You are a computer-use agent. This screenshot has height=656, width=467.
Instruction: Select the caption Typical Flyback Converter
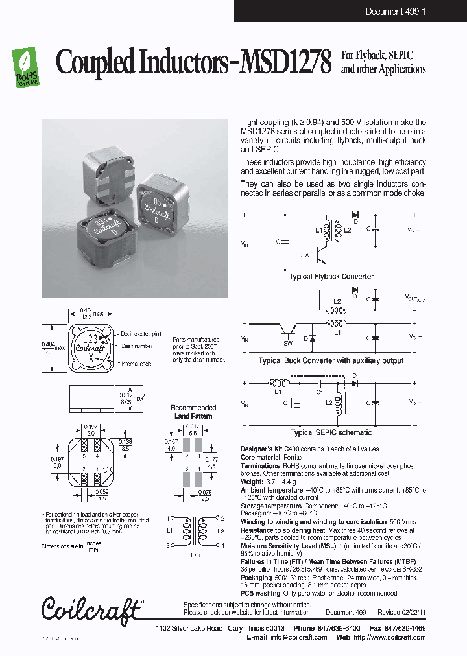[x=331, y=277]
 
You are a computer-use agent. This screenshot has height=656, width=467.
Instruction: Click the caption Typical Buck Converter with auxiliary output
[x=331, y=360]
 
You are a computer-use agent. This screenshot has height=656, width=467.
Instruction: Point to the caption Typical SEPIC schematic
[x=331, y=432]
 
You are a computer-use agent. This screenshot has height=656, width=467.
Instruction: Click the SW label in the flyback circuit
[x=305, y=255]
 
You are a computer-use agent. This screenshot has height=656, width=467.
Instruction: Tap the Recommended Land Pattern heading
[x=193, y=412]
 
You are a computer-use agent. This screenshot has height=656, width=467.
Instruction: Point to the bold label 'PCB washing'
[x=261, y=592]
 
